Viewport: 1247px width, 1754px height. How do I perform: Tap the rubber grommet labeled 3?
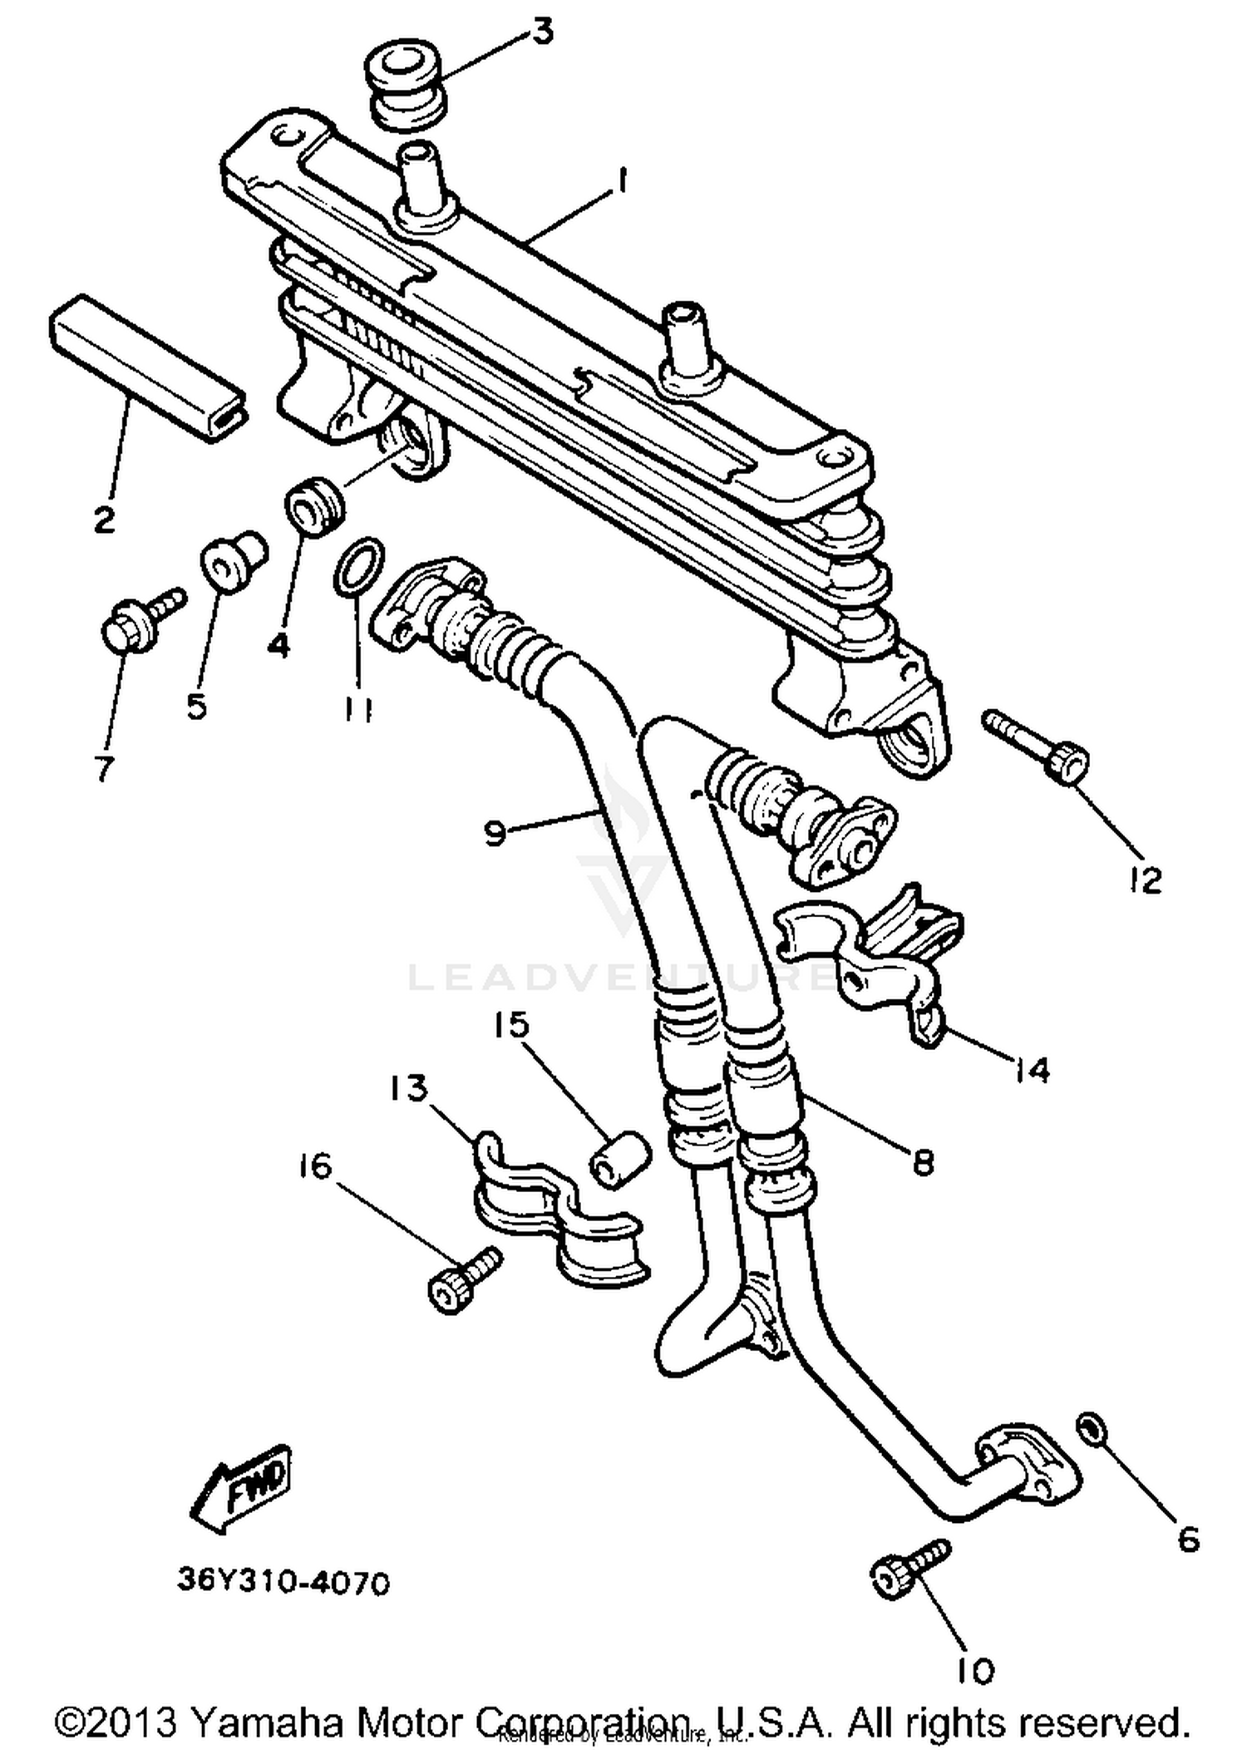pos(407,87)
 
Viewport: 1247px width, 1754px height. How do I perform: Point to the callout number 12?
pos(1146,880)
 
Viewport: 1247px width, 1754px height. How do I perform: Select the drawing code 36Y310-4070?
pos(283,1584)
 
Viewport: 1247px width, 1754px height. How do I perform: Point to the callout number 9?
pos(495,831)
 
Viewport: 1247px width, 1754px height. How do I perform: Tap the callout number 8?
pos(922,1162)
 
